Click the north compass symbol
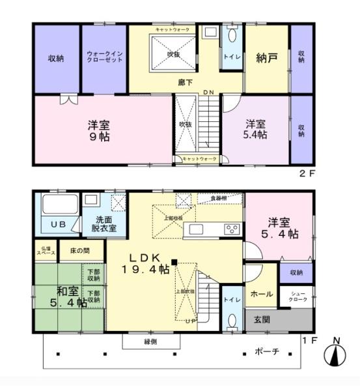[x=336, y=355]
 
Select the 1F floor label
[x=309, y=340]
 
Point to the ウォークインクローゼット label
[x=104, y=59]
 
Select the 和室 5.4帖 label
[x=62, y=297]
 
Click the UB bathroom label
[x=57, y=225]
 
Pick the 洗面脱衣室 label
[x=104, y=224]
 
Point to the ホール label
[x=261, y=295]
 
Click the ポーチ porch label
[x=268, y=352]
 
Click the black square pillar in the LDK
[x=174, y=262]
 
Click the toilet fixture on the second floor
[x=234, y=36]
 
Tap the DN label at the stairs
[x=208, y=93]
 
